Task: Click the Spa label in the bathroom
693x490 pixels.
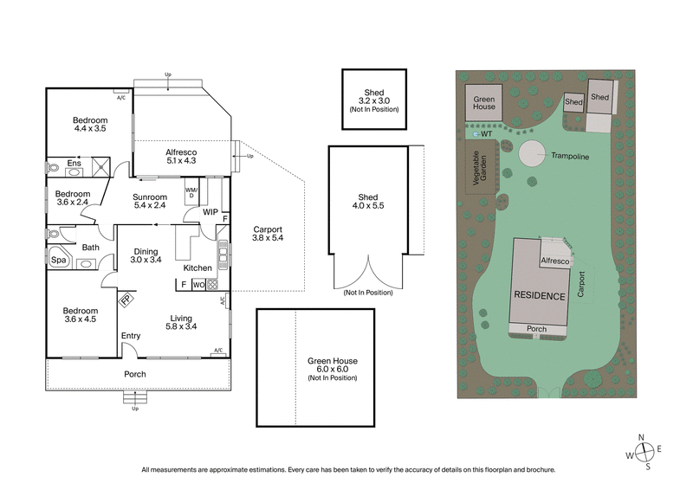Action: (59, 260)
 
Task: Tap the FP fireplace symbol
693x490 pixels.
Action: (126, 300)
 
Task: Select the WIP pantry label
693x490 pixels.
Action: (210, 210)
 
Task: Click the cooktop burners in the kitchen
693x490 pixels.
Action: (211, 283)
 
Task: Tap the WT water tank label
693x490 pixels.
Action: (486, 134)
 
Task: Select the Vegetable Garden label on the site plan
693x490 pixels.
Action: (480, 171)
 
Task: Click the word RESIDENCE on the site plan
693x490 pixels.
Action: (541, 295)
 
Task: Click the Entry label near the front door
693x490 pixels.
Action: (131, 336)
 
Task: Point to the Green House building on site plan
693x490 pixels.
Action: (484, 103)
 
